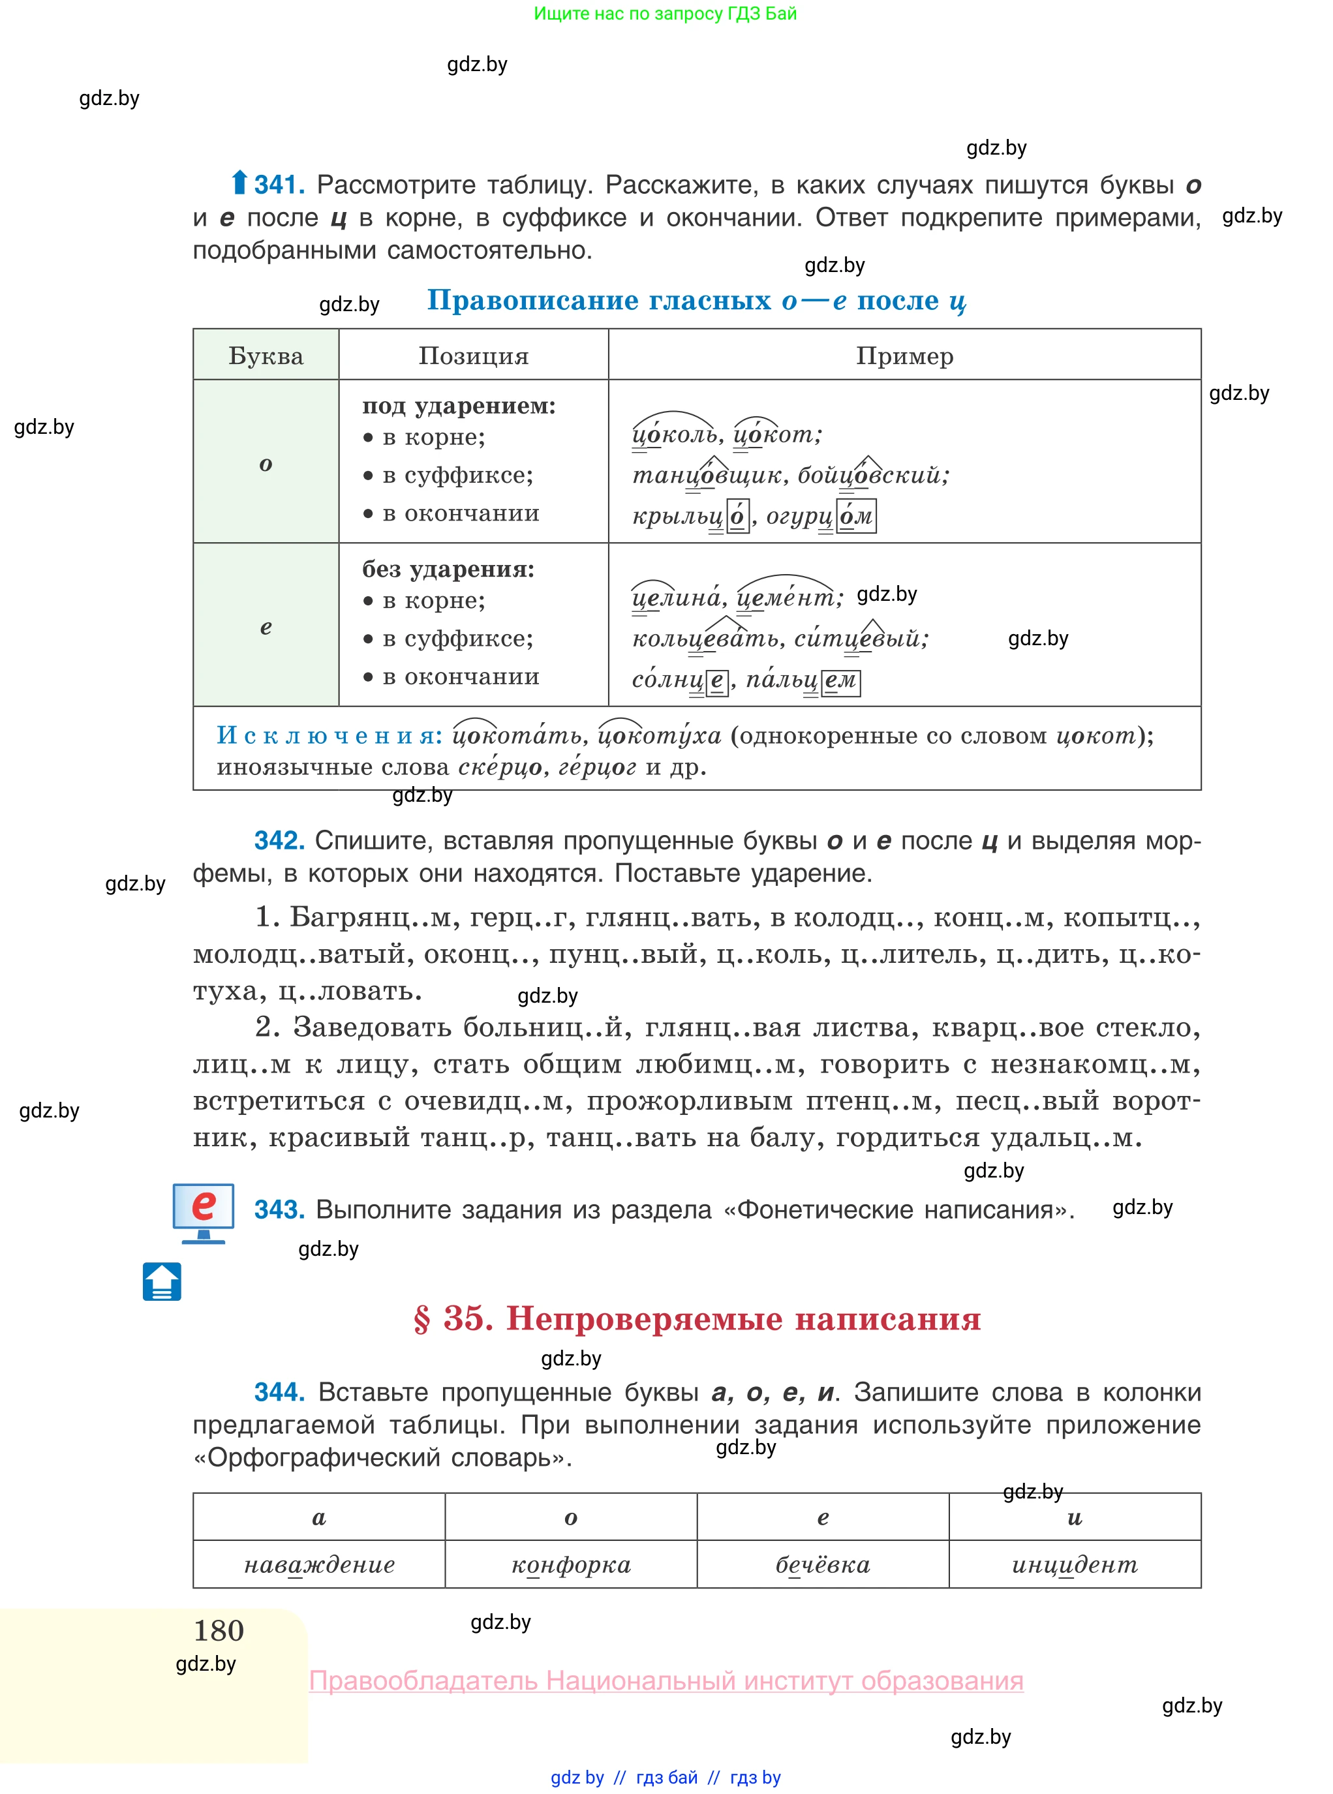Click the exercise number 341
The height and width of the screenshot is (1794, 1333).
click(x=279, y=185)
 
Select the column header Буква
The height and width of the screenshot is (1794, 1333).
click(x=266, y=356)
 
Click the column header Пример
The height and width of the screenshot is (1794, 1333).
click(x=904, y=356)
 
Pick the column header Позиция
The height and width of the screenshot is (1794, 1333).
click(x=473, y=356)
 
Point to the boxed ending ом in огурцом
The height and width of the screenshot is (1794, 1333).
click(x=856, y=516)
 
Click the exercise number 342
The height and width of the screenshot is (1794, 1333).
click(x=279, y=840)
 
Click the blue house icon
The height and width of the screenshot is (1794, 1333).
click(x=162, y=1282)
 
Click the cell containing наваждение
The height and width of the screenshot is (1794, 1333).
click(x=320, y=1565)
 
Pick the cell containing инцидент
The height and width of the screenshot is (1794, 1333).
click(x=1074, y=1565)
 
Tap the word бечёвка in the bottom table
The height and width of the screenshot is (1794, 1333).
click(x=822, y=1565)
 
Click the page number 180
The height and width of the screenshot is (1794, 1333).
click(x=219, y=1631)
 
